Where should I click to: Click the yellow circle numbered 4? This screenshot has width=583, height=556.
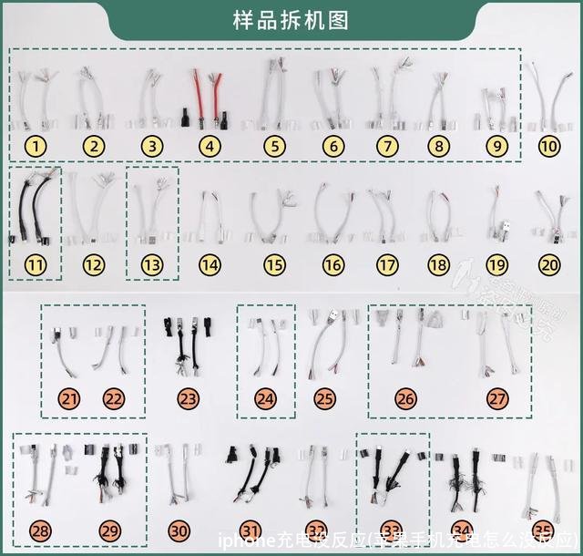pyautogui.click(x=210, y=146)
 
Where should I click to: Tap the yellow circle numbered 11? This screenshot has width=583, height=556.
pyautogui.click(x=35, y=265)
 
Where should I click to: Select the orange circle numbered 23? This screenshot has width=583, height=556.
pyautogui.click(x=189, y=398)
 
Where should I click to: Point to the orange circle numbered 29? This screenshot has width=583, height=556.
pyautogui.click(x=110, y=531)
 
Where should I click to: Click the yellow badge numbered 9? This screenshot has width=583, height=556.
pyautogui.click(x=496, y=146)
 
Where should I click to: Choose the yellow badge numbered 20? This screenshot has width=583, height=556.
pyautogui.click(x=549, y=265)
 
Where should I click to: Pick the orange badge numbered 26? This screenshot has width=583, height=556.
pyautogui.click(x=406, y=398)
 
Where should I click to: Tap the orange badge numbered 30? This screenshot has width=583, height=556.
pyautogui.click(x=179, y=531)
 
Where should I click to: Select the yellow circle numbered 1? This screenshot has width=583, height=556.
pyautogui.click(x=35, y=146)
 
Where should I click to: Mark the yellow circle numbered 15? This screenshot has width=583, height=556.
pyautogui.click(x=274, y=265)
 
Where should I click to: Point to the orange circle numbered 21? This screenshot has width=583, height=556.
pyautogui.click(x=70, y=398)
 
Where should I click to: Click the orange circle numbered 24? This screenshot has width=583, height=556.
pyautogui.click(x=266, y=398)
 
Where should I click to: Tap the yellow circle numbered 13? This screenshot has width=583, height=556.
pyautogui.click(x=152, y=265)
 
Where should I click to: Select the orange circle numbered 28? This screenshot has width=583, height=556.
pyautogui.click(x=40, y=531)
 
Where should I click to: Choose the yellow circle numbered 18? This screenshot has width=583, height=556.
pyautogui.click(x=439, y=265)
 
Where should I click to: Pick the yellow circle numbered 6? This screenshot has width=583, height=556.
pyautogui.click(x=333, y=146)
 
